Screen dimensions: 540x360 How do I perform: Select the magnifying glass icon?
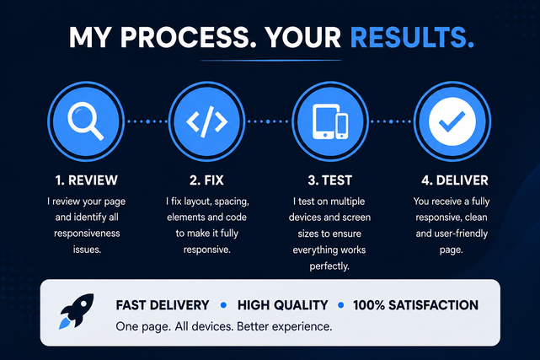(86, 121)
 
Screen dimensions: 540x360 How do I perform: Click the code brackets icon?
(206, 121)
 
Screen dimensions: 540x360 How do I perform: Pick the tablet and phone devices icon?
(330, 121)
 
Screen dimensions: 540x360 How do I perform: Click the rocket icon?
(77, 311)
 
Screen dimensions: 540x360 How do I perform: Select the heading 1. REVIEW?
(87, 180)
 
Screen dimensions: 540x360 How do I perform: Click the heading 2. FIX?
(206, 180)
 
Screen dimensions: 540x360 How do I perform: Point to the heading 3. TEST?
(330, 180)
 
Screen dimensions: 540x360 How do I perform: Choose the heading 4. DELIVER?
(455, 180)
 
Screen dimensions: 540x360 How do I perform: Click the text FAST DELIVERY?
(163, 305)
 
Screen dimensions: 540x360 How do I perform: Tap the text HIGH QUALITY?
(283, 305)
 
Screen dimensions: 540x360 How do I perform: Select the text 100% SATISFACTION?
(415, 305)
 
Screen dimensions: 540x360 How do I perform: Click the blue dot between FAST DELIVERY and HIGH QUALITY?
(223, 305)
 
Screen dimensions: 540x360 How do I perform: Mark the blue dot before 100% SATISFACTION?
(341, 305)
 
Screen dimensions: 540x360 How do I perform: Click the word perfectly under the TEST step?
(329, 266)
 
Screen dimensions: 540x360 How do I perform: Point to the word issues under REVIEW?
(87, 249)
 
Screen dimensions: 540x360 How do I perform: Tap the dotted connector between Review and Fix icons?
(147, 121)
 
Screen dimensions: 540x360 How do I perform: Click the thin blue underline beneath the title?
(270, 61)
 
